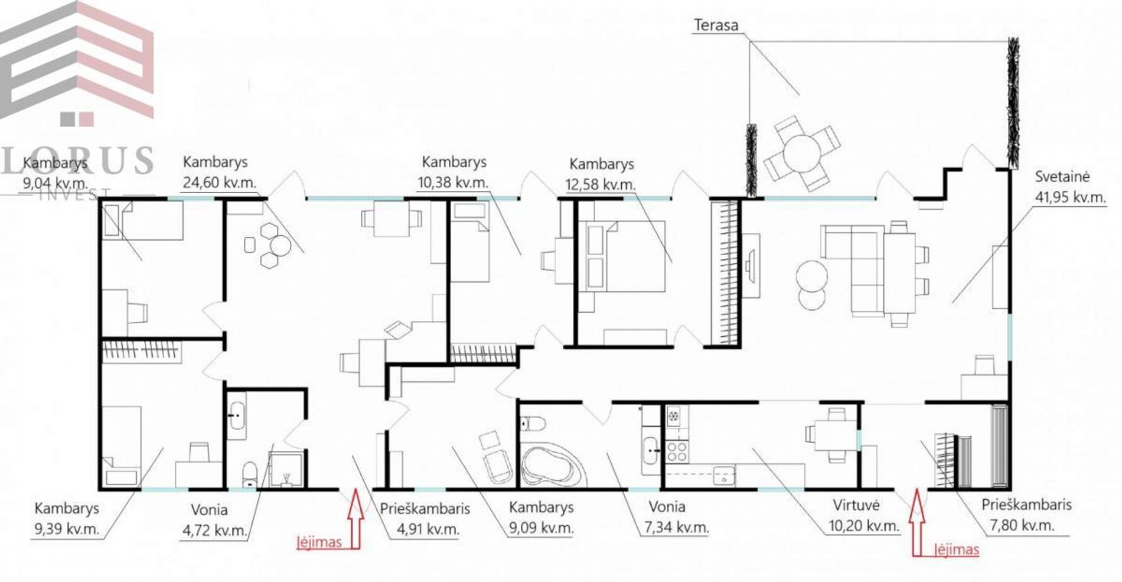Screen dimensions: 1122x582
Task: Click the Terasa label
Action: (x=716, y=25)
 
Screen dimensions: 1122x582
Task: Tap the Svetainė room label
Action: (x=1062, y=177)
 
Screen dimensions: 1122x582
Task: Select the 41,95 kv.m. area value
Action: (x=1070, y=197)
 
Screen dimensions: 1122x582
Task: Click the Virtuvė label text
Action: (x=856, y=505)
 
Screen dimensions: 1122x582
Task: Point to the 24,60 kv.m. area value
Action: (x=219, y=182)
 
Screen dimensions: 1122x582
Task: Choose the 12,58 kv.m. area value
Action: (x=600, y=184)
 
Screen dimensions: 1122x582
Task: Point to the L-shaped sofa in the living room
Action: (x=852, y=270)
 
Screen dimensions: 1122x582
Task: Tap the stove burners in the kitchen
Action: (x=677, y=452)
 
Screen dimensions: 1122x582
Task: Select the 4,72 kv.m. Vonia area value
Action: (x=214, y=530)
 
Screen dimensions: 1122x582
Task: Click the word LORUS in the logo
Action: (x=77, y=160)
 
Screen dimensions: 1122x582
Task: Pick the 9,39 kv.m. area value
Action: (x=67, y=528)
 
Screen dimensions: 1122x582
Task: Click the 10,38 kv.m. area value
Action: (x=453, y=182)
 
